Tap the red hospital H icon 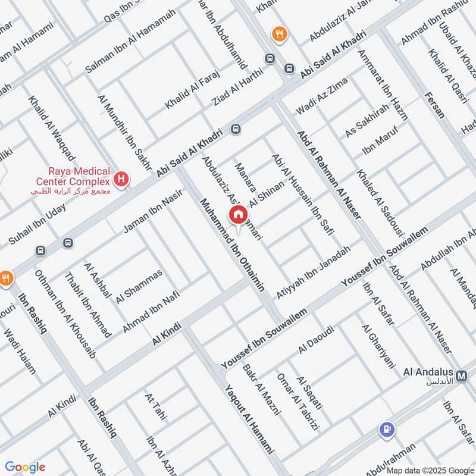click(x=122, y=178)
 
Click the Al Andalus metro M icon click(x=464, y=376)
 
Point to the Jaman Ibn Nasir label click(x=152, y=214)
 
